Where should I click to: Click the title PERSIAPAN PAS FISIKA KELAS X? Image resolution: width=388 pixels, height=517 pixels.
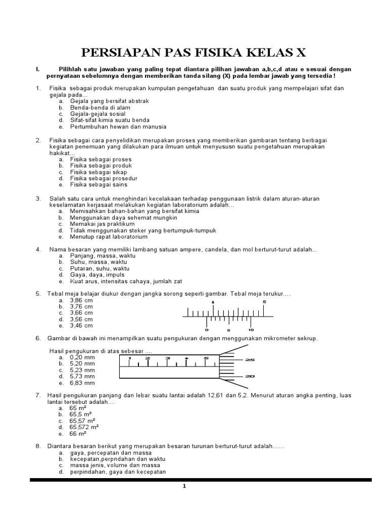point(194,53)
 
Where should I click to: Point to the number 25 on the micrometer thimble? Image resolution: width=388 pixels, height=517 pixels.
point(250,360)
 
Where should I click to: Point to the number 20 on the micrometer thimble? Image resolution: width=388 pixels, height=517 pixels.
point(250,376)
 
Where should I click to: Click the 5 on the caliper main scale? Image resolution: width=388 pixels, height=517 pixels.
point(264,302)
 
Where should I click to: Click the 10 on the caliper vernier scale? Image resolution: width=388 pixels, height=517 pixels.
point(251,330)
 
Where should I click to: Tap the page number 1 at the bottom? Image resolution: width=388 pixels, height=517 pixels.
point(184,486)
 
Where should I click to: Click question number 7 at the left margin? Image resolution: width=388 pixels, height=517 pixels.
point(37,395)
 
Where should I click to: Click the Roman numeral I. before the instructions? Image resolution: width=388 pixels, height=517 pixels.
point(36,69)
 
